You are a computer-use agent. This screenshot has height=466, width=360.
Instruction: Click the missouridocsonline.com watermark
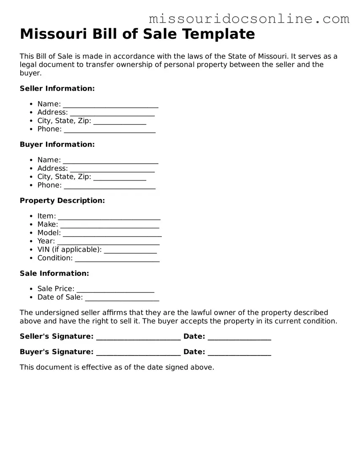[249, 19]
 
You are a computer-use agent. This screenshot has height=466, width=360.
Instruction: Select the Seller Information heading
[57, 88]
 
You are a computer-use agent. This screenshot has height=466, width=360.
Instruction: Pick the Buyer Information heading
[57, 144]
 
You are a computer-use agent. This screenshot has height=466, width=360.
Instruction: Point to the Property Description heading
[62, 200]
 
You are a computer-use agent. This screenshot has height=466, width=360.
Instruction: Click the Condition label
[55, 258]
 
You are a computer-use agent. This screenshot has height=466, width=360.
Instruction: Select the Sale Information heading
[54, 273]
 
